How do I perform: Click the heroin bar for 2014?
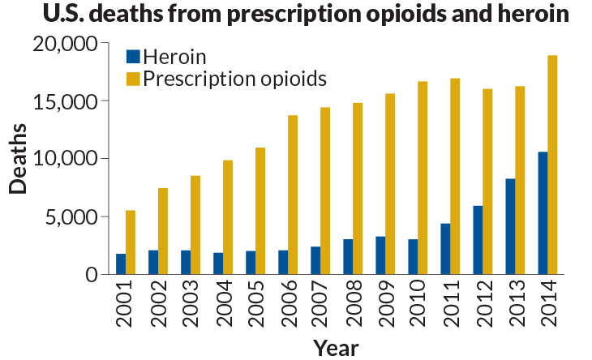click(543, 213)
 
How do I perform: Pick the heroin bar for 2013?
click(510, 226)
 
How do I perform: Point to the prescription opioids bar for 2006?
click(293, 195)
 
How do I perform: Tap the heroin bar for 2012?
click(478, 240)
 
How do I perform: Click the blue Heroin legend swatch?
click(133, 57)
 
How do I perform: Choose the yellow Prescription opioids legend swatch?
click(133, 79)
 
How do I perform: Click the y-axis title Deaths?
click(18, 159)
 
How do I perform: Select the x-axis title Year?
click(336, 348)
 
